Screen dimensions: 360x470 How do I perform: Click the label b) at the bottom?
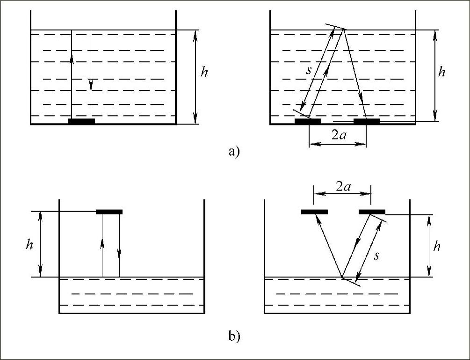[x=234, y=336]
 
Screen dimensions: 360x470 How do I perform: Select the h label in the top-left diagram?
[x=204, y=73]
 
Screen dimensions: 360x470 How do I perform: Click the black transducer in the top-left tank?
[x=81, y=121]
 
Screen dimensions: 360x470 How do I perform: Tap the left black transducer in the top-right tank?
[x=308, y=121]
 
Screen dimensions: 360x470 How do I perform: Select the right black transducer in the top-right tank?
[x=367, y=121]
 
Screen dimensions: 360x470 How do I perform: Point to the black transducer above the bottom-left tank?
[x=109, y=212]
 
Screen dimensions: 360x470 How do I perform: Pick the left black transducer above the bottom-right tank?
[x=314, y=212]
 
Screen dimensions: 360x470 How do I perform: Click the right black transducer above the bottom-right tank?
[x=372, y=212]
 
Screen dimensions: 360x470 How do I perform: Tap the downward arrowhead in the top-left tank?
[x=91, y=84]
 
